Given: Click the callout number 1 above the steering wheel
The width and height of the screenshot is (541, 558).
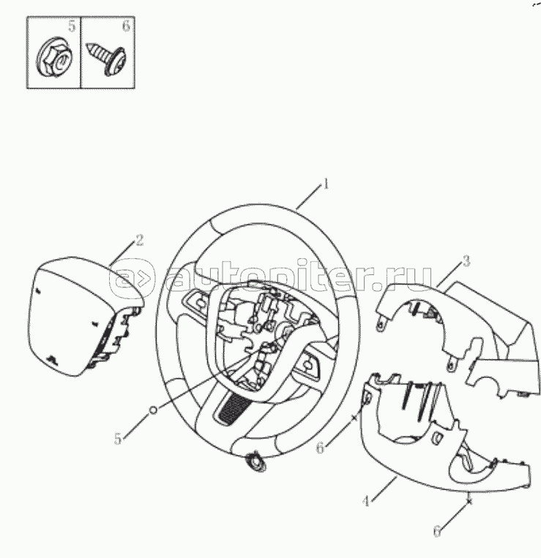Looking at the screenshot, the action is (x=325, y=184).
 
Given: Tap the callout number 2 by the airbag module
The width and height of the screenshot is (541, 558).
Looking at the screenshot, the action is (x=139, y=241).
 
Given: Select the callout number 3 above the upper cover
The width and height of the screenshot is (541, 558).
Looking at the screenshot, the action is (x=466, y=261).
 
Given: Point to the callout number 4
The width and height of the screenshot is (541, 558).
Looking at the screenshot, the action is (x=366, y=502).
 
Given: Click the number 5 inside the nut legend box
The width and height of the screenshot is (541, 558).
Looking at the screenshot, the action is (x=72, y=26).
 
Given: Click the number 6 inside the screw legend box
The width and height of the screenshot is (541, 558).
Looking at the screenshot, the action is (x=126, y=26).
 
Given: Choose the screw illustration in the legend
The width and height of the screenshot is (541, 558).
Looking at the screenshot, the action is (x=107, y=59).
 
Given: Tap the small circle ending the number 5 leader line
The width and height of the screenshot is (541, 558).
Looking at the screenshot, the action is (x=153, y=410).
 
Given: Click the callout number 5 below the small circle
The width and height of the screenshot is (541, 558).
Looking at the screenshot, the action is (x=118, y=438).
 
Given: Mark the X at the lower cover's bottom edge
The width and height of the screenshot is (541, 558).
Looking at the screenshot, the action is (x=469, y=502).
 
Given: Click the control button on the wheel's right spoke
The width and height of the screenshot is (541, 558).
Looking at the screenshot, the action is (x=310, y=364).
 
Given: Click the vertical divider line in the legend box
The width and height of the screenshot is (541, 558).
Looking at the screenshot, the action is (x=81, y=52).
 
